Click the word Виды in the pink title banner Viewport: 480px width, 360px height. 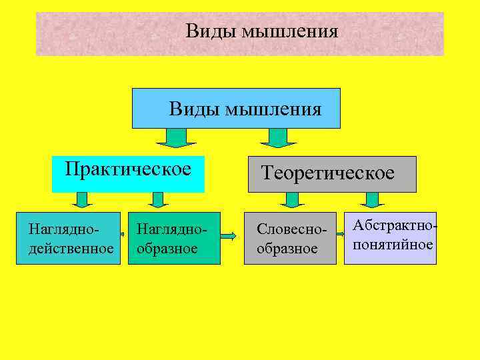[204, 31]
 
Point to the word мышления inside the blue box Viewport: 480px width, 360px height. [273, 109]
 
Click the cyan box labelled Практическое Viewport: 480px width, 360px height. [128, 173]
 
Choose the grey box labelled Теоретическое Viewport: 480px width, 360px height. [332, 174]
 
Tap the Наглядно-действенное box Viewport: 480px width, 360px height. [68, 239]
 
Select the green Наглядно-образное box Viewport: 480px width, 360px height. [174, 239]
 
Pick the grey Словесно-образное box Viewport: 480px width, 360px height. [290, 239]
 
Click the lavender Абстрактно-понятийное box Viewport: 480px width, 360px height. [391, 238]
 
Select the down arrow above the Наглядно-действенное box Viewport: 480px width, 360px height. [82, 200]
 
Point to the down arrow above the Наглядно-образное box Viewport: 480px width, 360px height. [157, 200]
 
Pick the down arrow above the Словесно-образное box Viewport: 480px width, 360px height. [291, 200]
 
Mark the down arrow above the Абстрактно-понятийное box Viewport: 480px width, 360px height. [371, 200]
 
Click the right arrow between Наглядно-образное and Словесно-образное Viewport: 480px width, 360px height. [228, 236]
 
